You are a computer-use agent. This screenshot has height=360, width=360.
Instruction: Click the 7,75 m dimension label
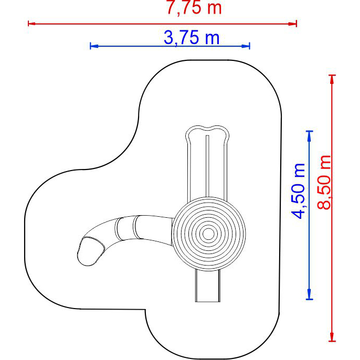click(x=194, y=8)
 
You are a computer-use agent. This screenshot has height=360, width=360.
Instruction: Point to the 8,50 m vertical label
click(x=324, y=182)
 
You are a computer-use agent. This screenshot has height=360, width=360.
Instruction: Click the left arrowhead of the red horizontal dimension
click(x=31, y=24)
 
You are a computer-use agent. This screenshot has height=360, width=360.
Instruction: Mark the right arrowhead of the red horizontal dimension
click(x=293, y=24)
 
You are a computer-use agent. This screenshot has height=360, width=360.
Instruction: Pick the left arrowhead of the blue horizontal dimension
click(x=94, y=46)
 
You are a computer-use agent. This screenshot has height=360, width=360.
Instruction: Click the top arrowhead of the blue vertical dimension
click(x=309, y=135)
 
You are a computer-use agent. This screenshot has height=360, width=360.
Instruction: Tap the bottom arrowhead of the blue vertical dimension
click(x=309, y=295)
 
